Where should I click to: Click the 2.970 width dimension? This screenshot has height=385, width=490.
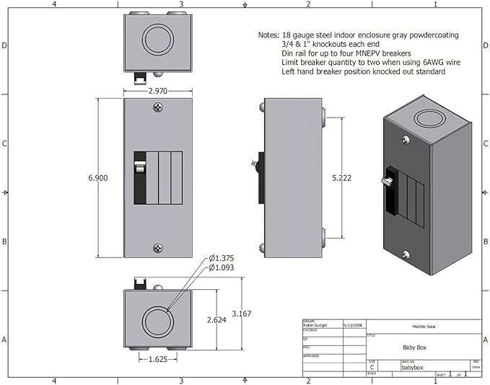[x=158, y=92]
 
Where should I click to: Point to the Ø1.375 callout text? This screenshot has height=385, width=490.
[x=223, y=258]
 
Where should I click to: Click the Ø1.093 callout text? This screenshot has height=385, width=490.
[x=223, y=268]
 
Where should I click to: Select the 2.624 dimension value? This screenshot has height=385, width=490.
[x=216, y=319]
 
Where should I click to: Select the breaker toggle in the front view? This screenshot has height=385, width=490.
[x=139, y=169]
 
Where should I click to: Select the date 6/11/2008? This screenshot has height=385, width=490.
[x=354, y=326]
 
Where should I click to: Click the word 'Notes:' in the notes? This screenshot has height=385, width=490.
[x=268, y=35]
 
